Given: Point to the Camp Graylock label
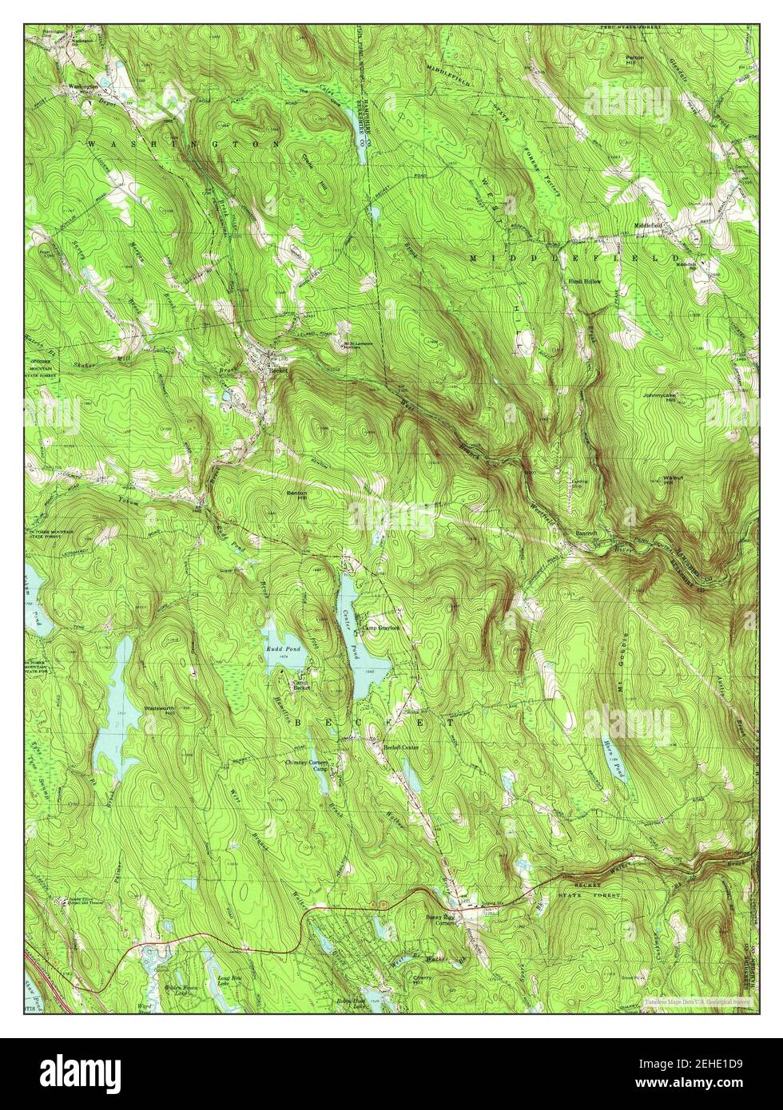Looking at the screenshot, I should pyautogui.click(x=380, y=628).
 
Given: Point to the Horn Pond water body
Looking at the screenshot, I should pyautogui.click(x=614, y=759).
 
